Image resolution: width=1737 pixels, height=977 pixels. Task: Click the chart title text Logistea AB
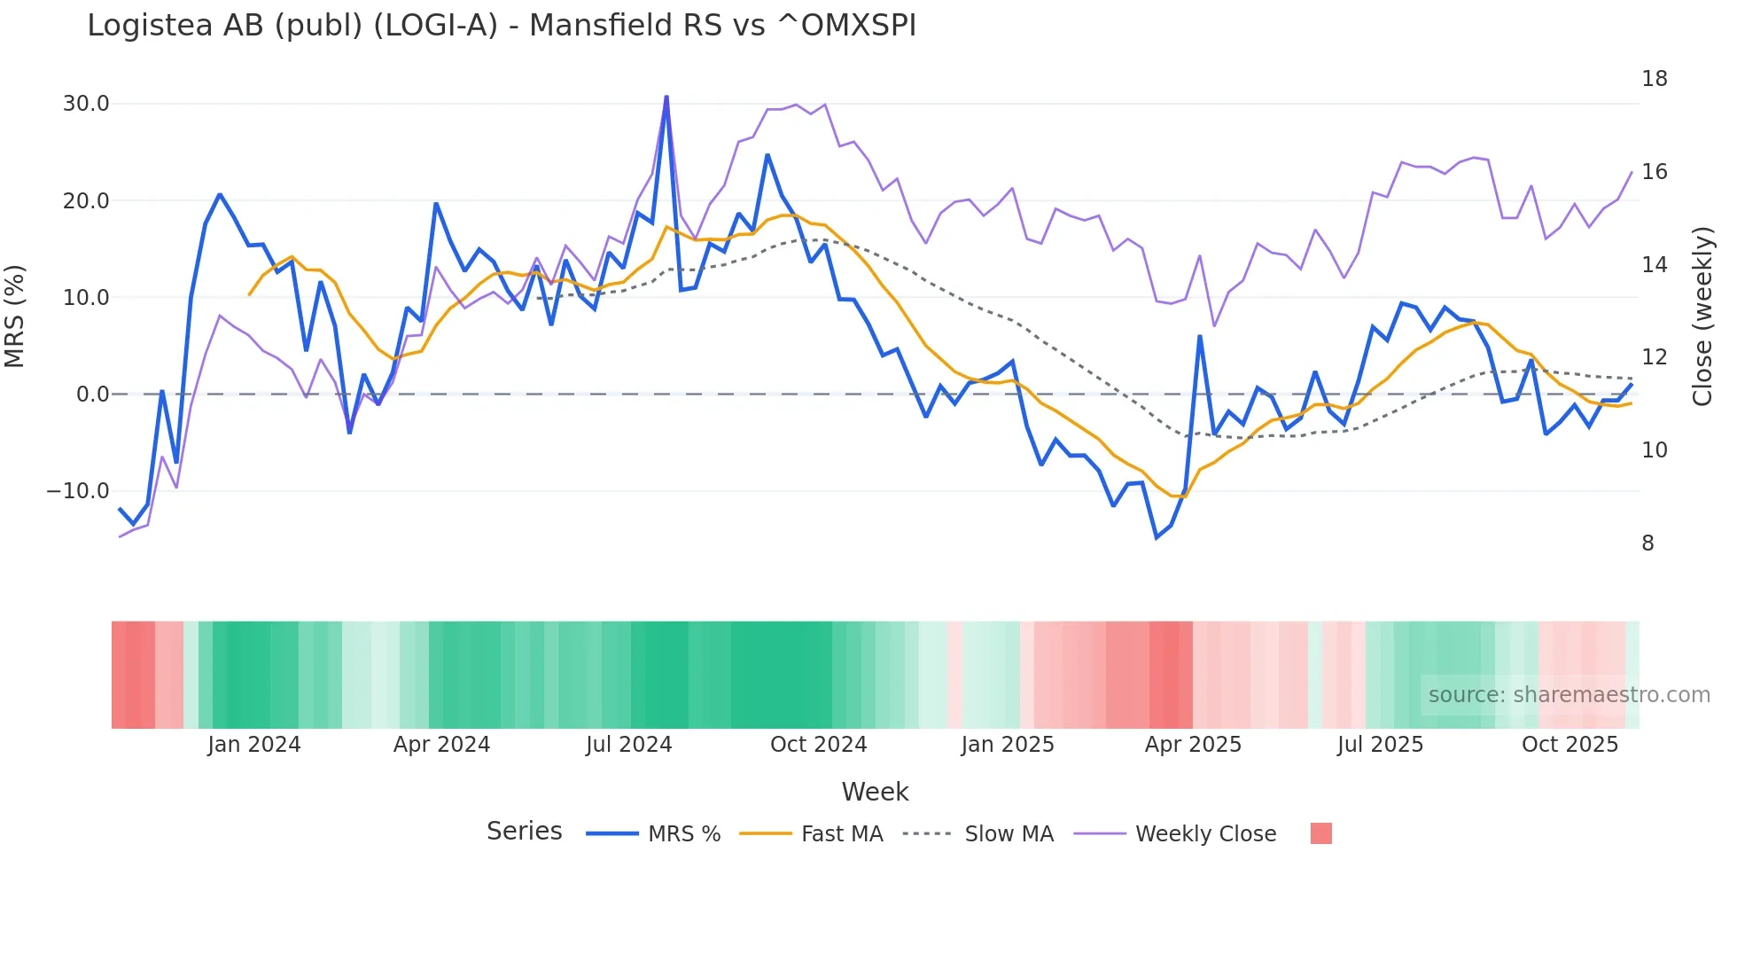501,25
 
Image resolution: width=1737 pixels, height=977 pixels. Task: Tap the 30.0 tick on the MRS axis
86,104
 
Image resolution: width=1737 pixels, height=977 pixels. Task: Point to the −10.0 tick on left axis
78,491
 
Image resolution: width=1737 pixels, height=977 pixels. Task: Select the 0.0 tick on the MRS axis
93,395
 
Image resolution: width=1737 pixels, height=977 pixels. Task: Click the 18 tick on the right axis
1654,79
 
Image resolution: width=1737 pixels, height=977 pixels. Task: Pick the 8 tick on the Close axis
1647,543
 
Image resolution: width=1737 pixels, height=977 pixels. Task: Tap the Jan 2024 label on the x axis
254,745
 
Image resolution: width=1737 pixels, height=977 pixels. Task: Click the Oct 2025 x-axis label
1570,745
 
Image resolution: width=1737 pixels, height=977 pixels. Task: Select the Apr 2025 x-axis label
1193,745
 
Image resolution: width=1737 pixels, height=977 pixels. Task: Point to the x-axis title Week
875,792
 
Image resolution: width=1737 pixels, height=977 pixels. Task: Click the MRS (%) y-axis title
15,317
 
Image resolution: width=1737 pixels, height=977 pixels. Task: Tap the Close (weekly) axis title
1702,317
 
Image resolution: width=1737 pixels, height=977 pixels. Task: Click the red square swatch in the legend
1320,833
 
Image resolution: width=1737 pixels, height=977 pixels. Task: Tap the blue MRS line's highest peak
666,97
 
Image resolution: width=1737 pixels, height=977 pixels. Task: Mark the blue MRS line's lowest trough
1157,537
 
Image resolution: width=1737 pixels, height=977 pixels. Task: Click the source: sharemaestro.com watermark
1569,695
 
